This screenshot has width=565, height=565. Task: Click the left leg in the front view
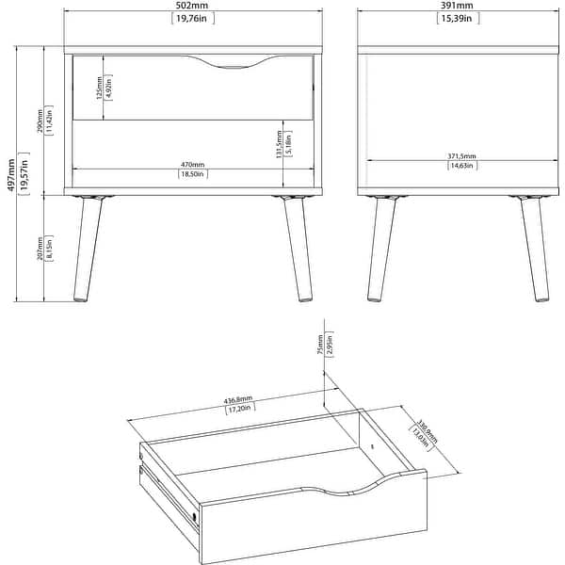coord(87,250)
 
